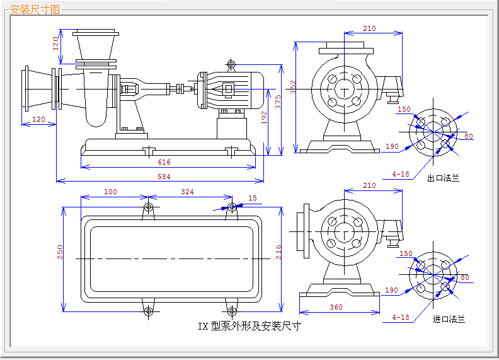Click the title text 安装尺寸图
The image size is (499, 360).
(x=35, y=9)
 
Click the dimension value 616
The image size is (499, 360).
(x=164, y=162)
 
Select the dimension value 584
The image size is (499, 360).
(x=164, y=177)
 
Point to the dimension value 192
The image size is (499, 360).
(x=265, y=118)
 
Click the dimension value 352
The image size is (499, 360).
(x=292, y=87)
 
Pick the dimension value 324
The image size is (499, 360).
(x=187, y=191)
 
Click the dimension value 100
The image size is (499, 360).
(x=110, y=191)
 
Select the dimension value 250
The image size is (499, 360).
(x=60, y=252)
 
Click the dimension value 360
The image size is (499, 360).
(x=336, y=307)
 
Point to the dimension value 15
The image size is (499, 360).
(x=253, y=198)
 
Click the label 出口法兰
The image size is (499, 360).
(x=443, y=178)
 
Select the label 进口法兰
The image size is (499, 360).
(x=449, y=319)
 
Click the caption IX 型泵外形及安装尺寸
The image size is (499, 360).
(x=249, y=326)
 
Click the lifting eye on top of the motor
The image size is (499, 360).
(x=231, y=64)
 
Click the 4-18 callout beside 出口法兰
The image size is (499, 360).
(x=401, y=174)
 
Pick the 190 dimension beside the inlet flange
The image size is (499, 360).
(x=392, y=290)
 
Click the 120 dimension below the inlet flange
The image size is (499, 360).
(x=38, y=120)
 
